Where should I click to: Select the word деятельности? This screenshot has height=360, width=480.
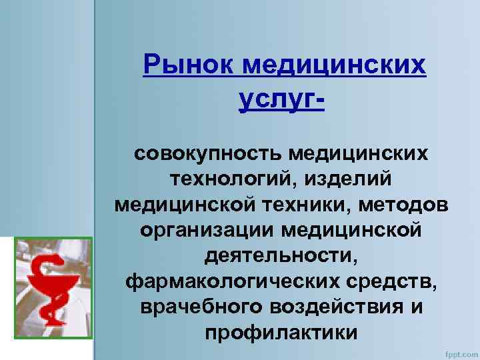(282, 256)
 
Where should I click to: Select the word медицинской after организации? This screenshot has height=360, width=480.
(353, 230)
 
